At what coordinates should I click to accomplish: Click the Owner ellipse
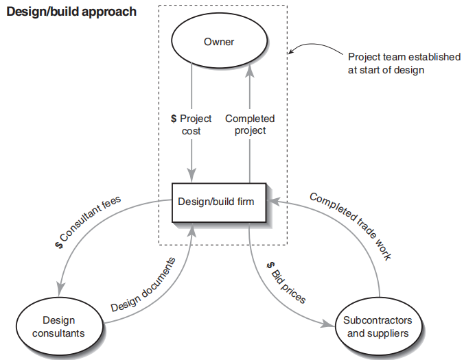click(x=219, y=43)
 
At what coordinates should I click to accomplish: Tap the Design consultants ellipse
click(x=58, y=326)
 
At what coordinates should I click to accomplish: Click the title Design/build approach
click(x=71, y=12)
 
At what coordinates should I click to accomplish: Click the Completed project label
click(x=250, y=124)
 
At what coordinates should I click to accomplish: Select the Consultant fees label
click(x=89, y=223)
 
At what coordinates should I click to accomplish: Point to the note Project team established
click(x=404, y=63)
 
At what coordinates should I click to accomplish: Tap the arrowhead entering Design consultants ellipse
click(x=62, y=291)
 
